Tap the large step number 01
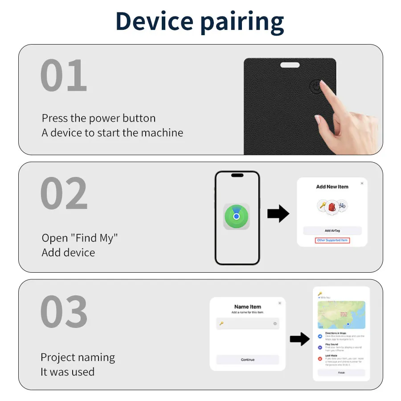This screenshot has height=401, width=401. coord(64,76)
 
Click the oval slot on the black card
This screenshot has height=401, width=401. coord(290,65)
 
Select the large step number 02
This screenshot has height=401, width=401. coord(64,193)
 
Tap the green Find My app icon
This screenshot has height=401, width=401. coord(237,217)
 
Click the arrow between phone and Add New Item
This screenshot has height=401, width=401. coord(278,214)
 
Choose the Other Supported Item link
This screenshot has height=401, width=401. coord(332,241)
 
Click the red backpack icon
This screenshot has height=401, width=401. coord(332,206)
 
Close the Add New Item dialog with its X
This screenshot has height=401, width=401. coord(362,183)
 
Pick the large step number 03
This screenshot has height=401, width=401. coord(64,312)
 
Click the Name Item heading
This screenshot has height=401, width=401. coord(248,307)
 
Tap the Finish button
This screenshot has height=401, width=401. coord(341,372)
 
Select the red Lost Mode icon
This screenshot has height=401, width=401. coord(320,359)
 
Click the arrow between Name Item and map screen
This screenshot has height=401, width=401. coord(299,339)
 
